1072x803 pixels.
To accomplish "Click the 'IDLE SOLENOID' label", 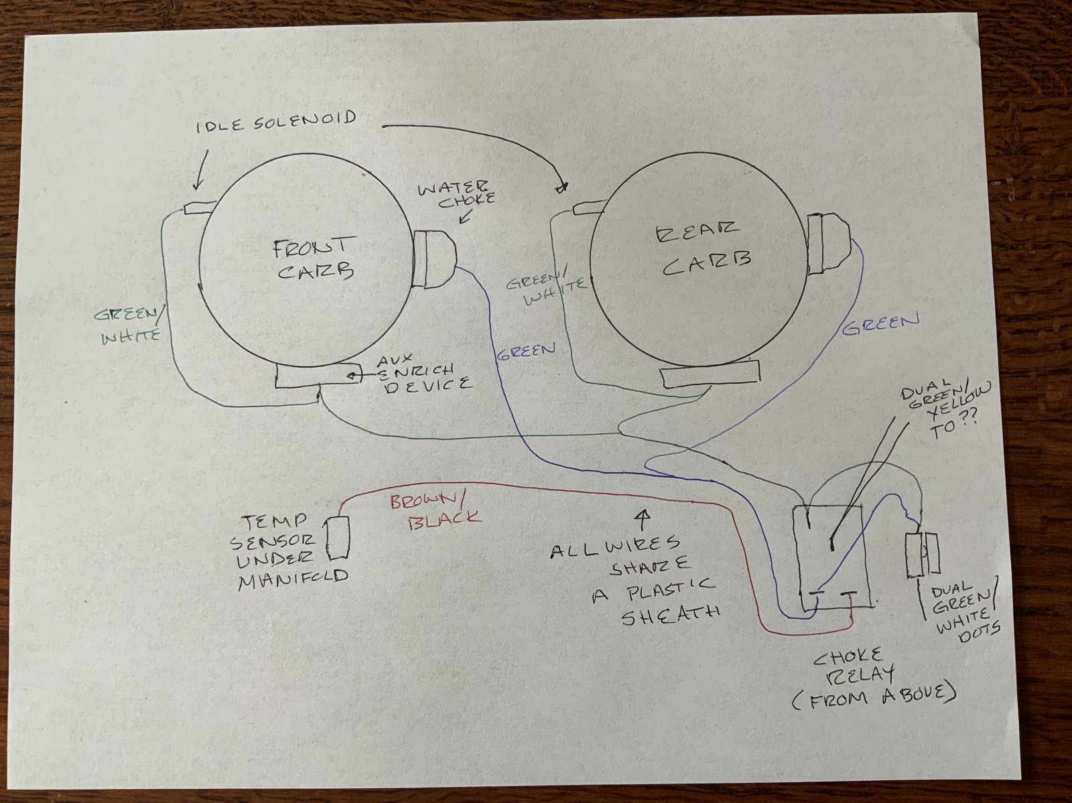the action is click(276, 122).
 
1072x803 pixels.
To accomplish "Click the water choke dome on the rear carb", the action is click(828, 244).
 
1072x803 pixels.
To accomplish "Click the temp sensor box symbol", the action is click(337, 537).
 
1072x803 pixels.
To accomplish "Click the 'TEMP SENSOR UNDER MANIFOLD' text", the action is click(288, 554).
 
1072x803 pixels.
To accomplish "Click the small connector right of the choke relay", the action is click(922, 554).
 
